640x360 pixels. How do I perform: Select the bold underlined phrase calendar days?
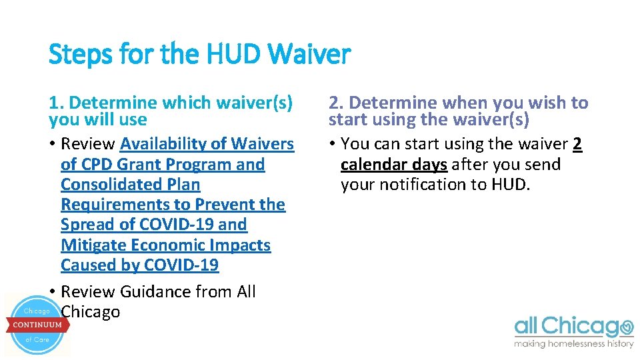tap(393, 164)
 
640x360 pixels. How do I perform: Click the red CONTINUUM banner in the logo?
tap(37, 325)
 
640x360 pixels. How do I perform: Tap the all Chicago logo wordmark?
tap(573, 327)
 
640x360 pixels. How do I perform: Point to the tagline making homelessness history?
tap(573, 344)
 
